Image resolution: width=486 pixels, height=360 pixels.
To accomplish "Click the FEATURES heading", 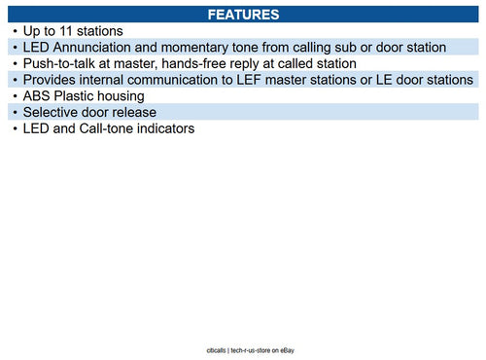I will pyautogui.click(x=244, y=15).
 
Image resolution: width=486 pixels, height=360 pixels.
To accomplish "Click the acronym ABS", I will pyautogui.click(x=39, y=96).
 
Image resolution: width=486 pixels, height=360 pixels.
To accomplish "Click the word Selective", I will pyautogui.click(x=55, y=113).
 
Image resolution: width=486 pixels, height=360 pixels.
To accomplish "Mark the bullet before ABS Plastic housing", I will pyautogui.click(x=16, y=96).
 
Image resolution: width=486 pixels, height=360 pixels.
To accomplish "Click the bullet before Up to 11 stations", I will pyautogui.click(x=16, y=31).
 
